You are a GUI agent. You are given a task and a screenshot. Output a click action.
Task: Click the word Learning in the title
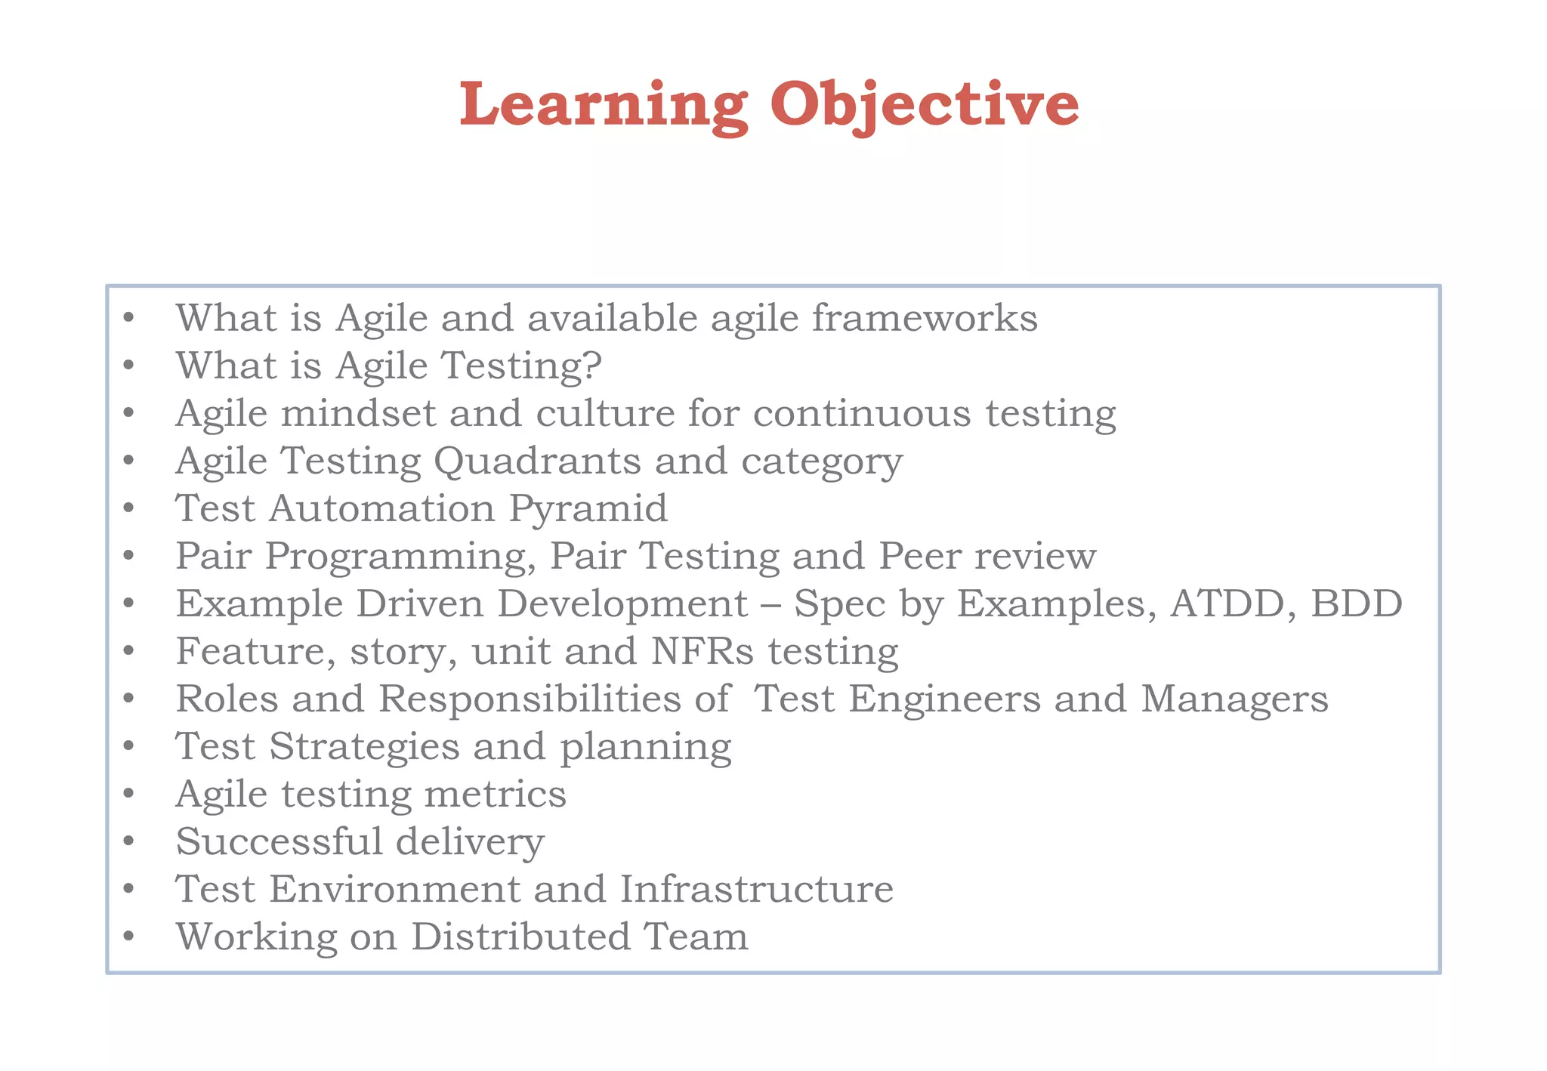pos(604,105)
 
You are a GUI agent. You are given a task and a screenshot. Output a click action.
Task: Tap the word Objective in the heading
pos(924,105)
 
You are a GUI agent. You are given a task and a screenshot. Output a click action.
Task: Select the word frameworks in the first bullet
pos(925,318)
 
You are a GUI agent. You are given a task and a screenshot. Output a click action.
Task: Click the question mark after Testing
pos(591,366)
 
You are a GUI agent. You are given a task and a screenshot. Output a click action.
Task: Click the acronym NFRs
pos(702,651)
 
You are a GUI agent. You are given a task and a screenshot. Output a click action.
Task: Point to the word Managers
pos(1234,699)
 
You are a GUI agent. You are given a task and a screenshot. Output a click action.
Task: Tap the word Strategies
pos(364,747)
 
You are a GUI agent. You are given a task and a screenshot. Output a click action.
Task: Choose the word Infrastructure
pos(756,889)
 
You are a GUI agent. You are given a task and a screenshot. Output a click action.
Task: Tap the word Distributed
pos(520,937)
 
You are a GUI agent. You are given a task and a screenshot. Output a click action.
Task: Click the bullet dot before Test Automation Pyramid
pos(129,508)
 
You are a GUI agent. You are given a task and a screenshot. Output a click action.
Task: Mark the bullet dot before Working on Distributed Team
pos(129,937)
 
